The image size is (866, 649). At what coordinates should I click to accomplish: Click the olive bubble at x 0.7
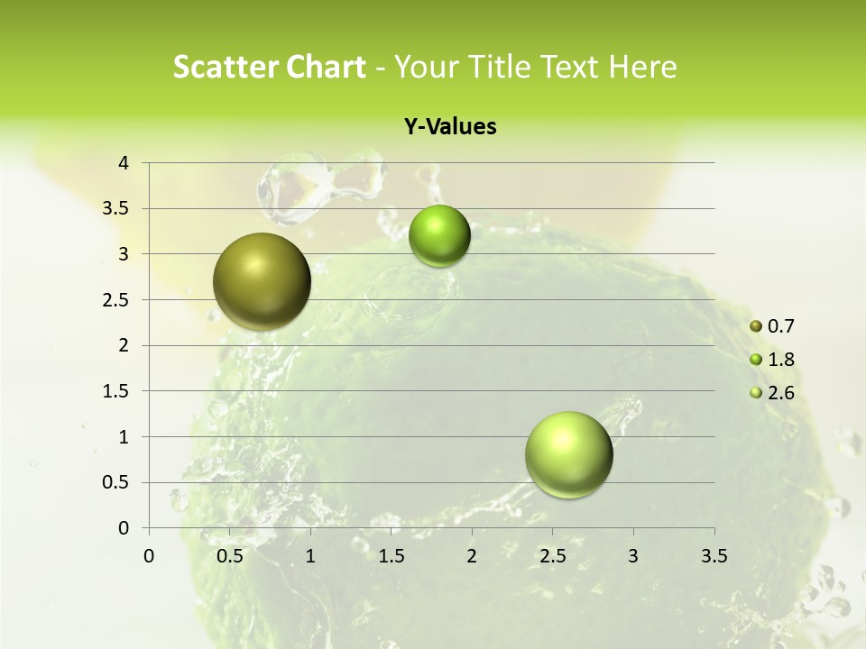click(262, 281)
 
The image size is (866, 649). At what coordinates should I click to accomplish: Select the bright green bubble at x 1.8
click(439, 235)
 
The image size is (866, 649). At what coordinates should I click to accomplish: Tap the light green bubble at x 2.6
click(568, 454)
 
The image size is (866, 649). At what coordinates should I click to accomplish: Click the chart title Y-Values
click(450, 127)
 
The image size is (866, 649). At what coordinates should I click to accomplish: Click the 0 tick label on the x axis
click(150, 556)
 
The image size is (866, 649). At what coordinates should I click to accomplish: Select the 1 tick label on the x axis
click(311, 556)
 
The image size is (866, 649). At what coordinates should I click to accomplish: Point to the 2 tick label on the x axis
click(472, 556)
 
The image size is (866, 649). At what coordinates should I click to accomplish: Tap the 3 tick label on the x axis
click(633, 556)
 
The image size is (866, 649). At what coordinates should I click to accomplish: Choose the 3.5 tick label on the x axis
click(714, 556)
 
